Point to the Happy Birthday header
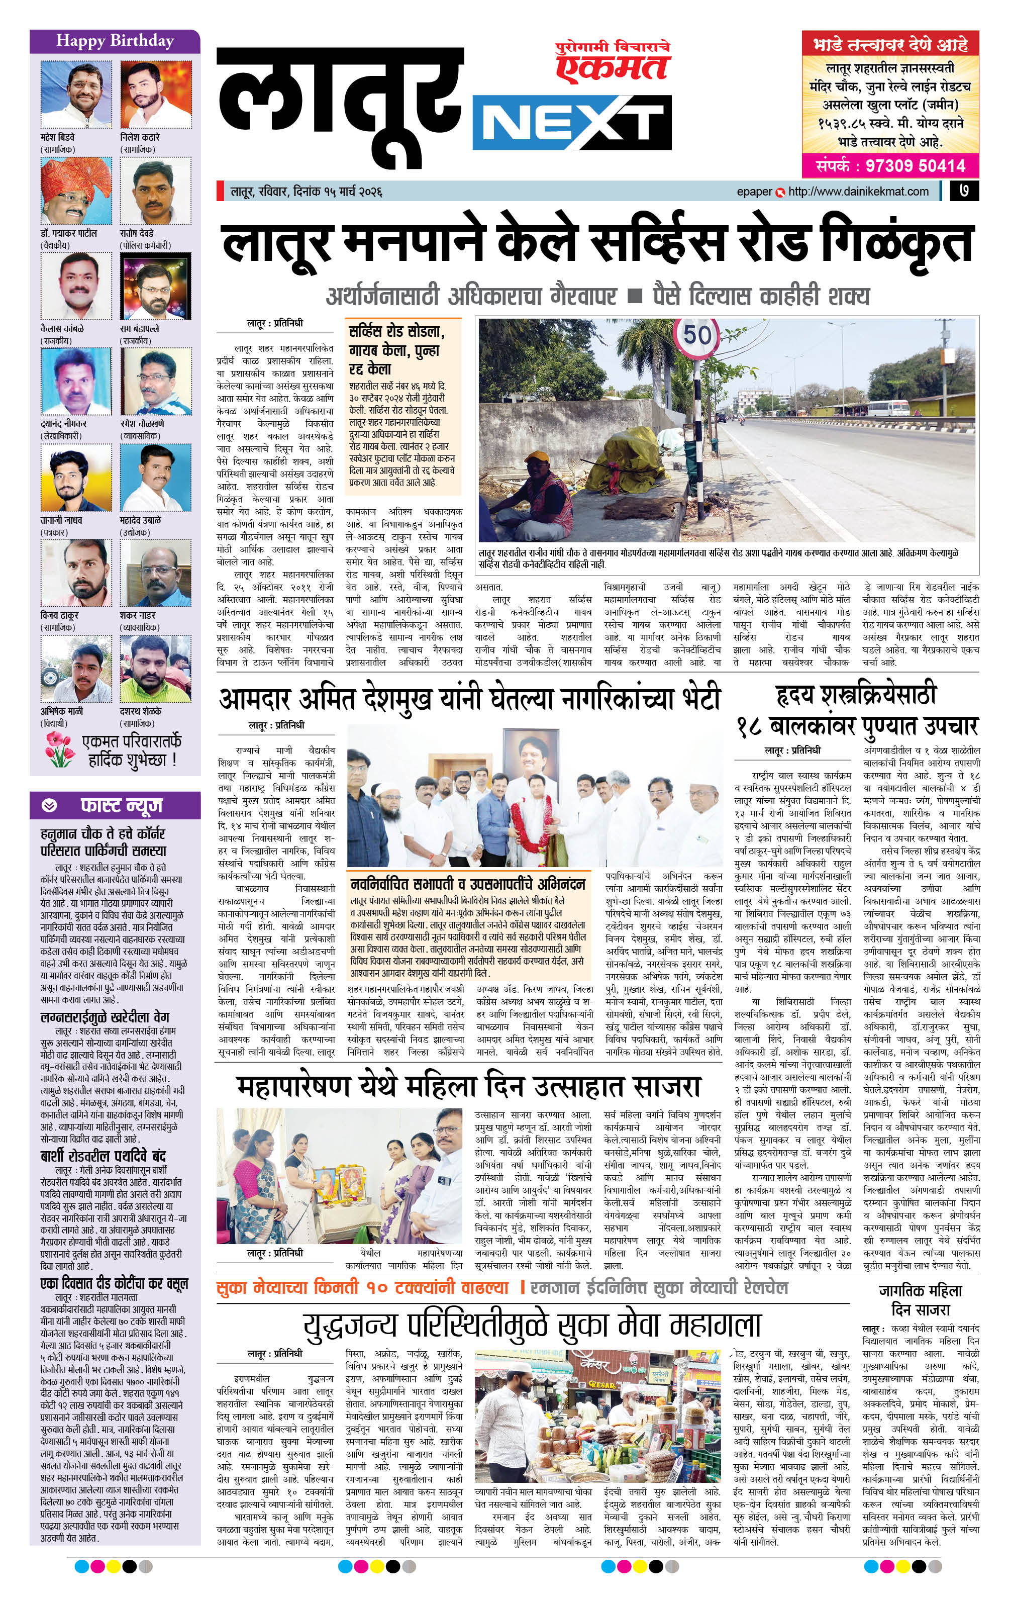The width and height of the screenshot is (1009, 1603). pos(115,41)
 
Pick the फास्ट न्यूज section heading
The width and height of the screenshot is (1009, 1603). pos(122,805)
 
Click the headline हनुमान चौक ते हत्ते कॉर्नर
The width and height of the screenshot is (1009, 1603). pos(103,842)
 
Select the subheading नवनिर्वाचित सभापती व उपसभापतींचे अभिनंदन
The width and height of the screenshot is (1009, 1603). pos(468,884)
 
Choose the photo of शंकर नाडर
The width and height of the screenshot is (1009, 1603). pos(155,573)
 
